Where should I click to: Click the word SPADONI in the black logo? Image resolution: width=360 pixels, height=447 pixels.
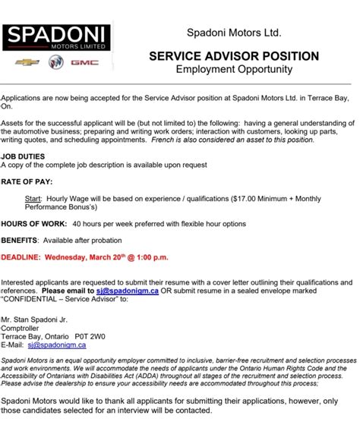point(57,34)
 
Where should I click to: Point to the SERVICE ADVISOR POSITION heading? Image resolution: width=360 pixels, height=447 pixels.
point(234,57)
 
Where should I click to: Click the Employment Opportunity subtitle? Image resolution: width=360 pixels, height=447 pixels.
point(234,70)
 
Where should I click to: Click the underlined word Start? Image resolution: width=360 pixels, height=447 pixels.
point(33,197)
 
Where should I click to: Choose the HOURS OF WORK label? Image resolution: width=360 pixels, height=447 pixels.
point(33,223)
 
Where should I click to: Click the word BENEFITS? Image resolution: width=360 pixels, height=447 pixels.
point(21,241)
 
